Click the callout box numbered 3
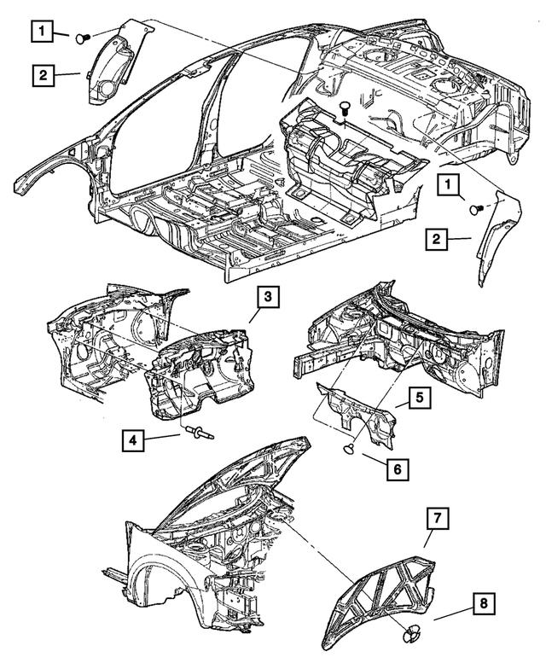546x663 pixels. (x=267, y=297)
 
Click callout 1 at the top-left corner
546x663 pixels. (x=40, y=32)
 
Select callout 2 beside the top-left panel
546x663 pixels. (x=40, y=75)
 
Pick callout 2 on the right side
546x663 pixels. (x=436, y=239)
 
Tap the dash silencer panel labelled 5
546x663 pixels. (x=358, y=413)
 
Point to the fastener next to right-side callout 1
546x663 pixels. (x=479, y=207)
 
